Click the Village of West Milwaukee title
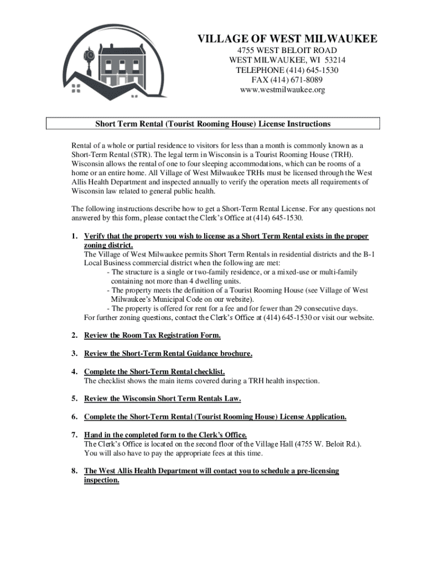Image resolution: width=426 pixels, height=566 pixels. click(288, 39)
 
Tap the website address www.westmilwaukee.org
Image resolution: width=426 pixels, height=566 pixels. click(282, 90)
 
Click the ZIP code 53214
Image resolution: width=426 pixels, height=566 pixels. click(335, 60)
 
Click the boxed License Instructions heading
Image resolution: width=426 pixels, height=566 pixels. click(213, 123)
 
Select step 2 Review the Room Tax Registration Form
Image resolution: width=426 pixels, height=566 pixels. click(152, 335)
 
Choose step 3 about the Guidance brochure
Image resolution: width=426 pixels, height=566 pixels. click(168, 353)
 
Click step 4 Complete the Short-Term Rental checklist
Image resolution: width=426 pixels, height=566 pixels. click(154, 371)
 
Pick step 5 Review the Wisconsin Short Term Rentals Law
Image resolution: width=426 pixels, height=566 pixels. click(163, 398)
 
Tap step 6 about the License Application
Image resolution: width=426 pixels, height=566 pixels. click(215, 416)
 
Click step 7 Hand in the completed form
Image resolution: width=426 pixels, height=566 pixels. click(165, 434)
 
